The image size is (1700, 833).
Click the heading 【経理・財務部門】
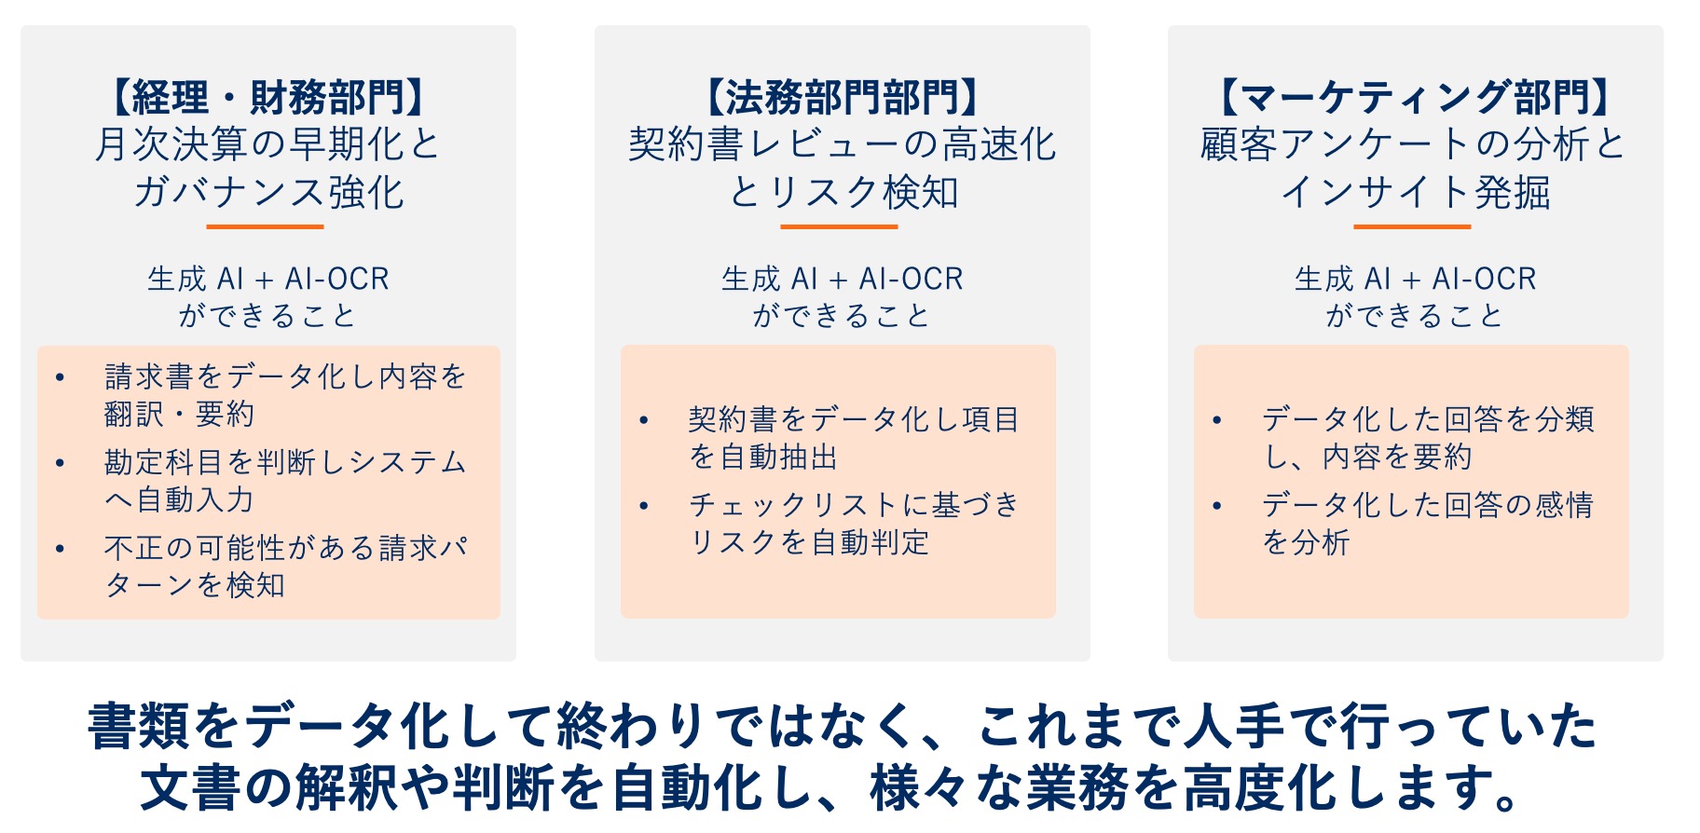tap(267, 97)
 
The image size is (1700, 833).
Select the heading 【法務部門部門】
tap(842, 97)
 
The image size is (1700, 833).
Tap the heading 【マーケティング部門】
tap(1415, 97)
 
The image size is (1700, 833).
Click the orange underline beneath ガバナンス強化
tap(265, 226)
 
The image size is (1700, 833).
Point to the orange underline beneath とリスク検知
tap(839, 226)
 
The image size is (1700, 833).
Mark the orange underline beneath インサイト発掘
tap(1412, 226)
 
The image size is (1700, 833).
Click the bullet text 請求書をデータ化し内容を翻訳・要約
tap(285, 395)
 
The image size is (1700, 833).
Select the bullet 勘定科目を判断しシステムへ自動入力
tap(285, 481)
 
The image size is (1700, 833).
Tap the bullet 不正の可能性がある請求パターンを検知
tap(285, 567)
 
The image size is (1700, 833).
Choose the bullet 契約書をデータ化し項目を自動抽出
tap(854, 438)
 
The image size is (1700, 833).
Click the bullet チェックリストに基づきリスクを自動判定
tap(854, 524)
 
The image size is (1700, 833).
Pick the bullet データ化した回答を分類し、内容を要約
tap(1428, 438)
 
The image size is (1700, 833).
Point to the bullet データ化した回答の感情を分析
tap(1428, 524)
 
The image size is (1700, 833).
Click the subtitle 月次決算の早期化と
tap(267, 144)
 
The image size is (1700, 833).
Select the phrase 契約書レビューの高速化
tap(843, 144)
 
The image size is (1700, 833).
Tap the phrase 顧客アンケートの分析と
tap(1413, 144)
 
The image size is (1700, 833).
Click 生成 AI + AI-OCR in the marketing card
tap(1415, 279)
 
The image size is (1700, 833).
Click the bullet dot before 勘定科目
tap(60, 463)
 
